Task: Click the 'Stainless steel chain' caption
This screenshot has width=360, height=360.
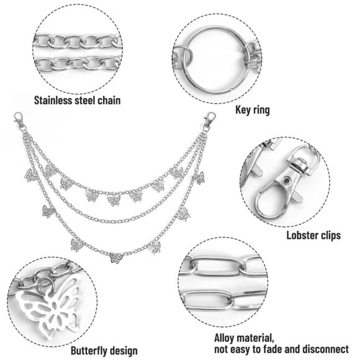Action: [77, 101]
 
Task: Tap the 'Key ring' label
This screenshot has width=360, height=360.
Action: [253, 110]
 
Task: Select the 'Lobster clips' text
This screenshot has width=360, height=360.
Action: [313, 236]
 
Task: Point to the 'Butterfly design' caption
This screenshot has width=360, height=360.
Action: [104, 351]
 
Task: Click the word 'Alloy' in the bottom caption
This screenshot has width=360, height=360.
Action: [224, 338]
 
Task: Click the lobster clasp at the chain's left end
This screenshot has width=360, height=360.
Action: [19, 120]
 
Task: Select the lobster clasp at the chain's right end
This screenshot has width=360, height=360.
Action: [209, 119]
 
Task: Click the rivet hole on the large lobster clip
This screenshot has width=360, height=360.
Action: [286, 181]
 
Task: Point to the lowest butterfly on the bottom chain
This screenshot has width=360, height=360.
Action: [116, 258]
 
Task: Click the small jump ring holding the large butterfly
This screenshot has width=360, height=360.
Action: [46, 286]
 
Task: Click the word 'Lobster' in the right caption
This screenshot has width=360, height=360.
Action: [301, 236]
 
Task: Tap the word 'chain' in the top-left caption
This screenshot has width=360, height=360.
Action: [109, 101]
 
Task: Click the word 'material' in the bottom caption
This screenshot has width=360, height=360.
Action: [255, 338]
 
